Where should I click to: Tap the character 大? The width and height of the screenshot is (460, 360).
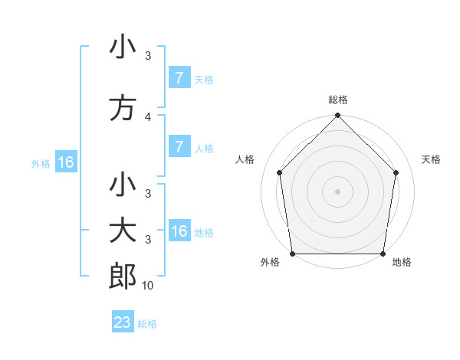123,231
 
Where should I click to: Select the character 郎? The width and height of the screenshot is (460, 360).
123,277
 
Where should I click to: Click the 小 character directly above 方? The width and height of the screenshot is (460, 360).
123,47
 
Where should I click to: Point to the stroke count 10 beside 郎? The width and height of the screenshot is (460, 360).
148,286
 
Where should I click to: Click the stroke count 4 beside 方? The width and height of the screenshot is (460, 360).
148,116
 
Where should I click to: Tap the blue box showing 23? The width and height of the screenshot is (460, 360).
123,322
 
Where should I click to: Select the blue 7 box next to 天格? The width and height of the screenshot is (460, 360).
179,77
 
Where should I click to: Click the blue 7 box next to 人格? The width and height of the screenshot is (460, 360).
179,147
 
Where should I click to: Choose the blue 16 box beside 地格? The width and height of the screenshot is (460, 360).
179,231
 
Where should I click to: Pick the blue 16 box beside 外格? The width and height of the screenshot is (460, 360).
65,162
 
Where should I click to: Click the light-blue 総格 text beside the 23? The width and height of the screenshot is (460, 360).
148,324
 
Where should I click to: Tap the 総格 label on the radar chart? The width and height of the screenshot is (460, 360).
338,100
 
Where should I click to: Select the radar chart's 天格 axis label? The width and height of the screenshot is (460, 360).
432,159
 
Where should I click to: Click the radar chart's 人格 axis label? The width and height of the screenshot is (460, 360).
245,159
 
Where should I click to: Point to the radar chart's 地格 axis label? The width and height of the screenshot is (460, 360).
402,262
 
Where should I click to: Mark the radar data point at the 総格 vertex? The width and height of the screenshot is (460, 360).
338,116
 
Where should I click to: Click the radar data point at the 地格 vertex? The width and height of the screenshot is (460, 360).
383,254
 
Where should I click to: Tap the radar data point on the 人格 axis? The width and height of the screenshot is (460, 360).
279,172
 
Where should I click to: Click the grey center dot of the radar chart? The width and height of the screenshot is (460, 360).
338,191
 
